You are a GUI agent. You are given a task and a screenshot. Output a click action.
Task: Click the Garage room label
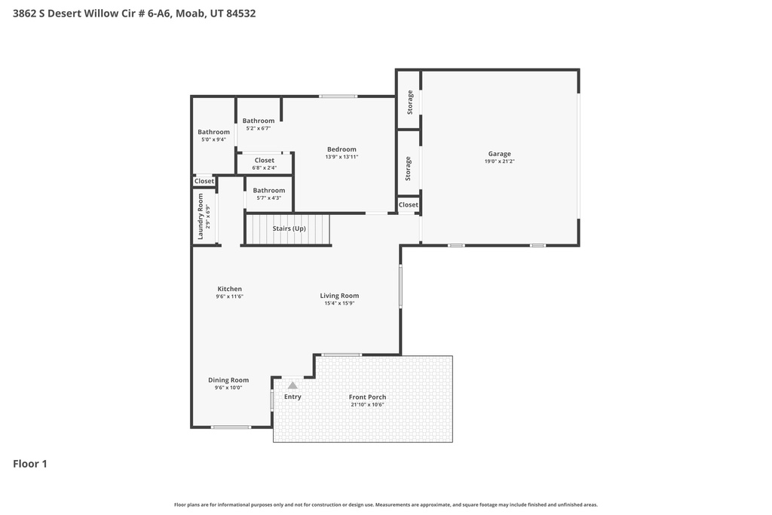(x=498, y=154)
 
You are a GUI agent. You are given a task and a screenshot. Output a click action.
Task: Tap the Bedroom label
(x=342, y=149)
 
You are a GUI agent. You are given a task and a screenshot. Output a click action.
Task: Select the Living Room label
(x=339, y=296)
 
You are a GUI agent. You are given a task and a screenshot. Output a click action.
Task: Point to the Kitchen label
(x=229, y=289)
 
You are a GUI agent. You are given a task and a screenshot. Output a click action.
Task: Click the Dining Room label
(x=228, y=380)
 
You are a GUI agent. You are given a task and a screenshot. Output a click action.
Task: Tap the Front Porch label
(x=367, y=397)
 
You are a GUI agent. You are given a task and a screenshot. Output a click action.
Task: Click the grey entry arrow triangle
(x=293, y=385)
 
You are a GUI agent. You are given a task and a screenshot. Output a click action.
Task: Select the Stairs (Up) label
(x=289, y=228)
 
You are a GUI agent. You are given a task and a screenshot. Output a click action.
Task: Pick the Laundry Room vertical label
(x=201, y=216)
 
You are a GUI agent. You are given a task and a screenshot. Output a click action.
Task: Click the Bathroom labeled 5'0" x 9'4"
(x=213, y=132)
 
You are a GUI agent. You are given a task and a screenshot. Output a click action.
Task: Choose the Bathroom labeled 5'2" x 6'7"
(x=259, y=121)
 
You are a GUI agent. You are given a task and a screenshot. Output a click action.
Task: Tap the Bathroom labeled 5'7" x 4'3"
(x=268, y=190)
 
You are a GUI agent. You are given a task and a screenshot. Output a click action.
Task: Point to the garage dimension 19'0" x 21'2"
(x=498, y=161)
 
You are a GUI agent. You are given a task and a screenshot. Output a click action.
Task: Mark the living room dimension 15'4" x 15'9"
(x=339, y=303)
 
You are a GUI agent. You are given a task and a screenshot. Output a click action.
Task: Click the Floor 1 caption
(x=30, y=464)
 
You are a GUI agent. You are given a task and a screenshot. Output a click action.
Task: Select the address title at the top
(x=134, y=13)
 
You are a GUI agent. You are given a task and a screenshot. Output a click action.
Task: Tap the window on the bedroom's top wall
(x=338, y=97)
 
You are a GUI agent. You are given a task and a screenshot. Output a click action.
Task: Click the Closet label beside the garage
(x=408, y=204)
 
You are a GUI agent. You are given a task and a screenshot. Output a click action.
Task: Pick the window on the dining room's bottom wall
(x=231, y=428)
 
